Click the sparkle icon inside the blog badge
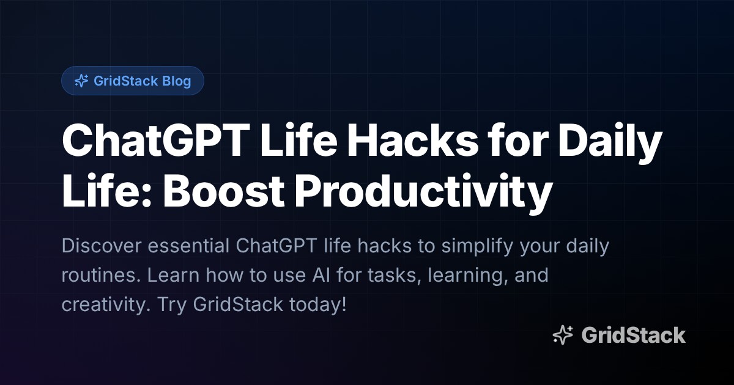[x=81, y=81]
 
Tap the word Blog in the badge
[x=177, y=81]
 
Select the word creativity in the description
[x=102, y=304]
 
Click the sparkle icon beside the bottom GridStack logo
[x=563, y=335]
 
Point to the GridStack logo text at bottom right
[x=633, y=335]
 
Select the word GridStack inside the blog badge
[x=125, y=81]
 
